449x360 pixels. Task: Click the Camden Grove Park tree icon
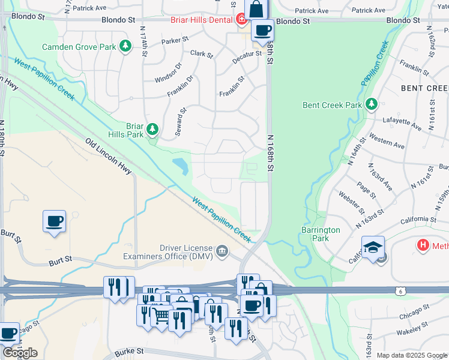125,47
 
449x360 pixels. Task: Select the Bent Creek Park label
332,105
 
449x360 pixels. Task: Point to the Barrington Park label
321,234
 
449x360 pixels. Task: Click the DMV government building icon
222,251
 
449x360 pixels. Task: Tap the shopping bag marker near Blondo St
256,10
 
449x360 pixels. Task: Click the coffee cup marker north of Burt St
55,221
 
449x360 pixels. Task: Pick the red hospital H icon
423,245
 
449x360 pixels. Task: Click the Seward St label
182,122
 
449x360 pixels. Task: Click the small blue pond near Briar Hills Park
180,164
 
